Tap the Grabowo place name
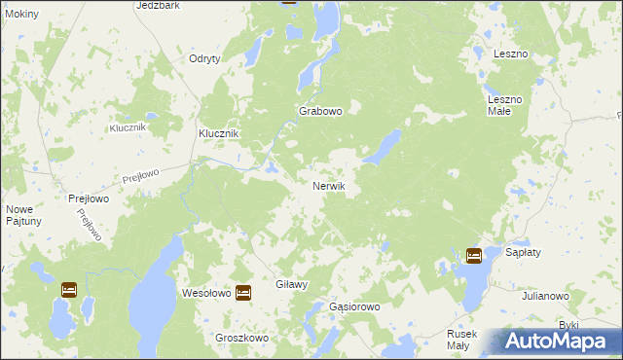coord(320,111)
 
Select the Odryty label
coord(204,58)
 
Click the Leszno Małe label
coord(506,106)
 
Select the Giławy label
coord(292,284)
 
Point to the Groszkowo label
coord(241,338)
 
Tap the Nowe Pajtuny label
coord(23,215)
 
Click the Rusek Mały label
coord(458,339)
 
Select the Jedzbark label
coord(160,5)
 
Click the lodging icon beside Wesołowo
coord(243,291)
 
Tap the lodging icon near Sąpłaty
coord(474,256)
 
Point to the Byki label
coord(569,324)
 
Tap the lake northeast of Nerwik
coord(383,147)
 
